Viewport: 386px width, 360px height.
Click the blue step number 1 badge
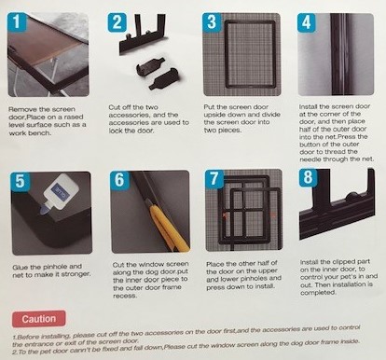click(x=17, y=22)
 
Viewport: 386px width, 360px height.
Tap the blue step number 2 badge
click(x=117, y=22)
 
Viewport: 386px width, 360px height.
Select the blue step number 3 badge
click(x=212, y=22)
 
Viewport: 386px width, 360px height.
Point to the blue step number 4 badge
click(x=307, y=22)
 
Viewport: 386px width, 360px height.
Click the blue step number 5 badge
click(x=21, y=181)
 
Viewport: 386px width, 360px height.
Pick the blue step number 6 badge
click(x=119, y=179)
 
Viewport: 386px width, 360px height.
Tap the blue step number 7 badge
click(x=214, y=179)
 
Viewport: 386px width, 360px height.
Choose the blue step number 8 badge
click(x=308, y=178)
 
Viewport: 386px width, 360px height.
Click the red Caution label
click(x=39, y=319)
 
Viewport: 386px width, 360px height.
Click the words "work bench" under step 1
click(x=30, y=133)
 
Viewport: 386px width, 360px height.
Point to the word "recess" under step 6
click(x=124, y=296)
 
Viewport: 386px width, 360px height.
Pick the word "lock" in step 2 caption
click(x=116, y=131)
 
